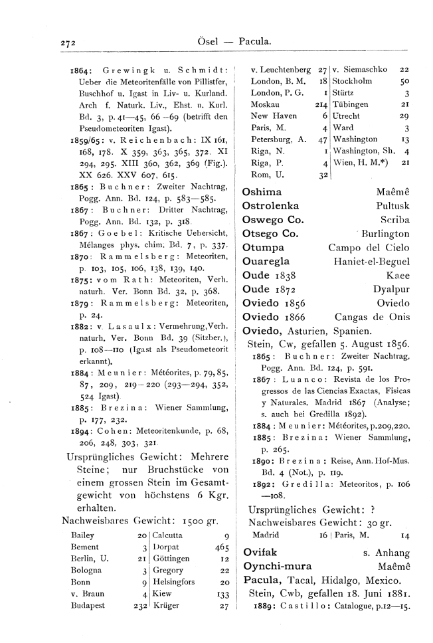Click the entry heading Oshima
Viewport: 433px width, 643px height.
(x=262, y=191)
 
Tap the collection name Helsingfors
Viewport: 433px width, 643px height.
(x=177, y=600)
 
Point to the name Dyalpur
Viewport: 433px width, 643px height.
(x=391, y=290)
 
